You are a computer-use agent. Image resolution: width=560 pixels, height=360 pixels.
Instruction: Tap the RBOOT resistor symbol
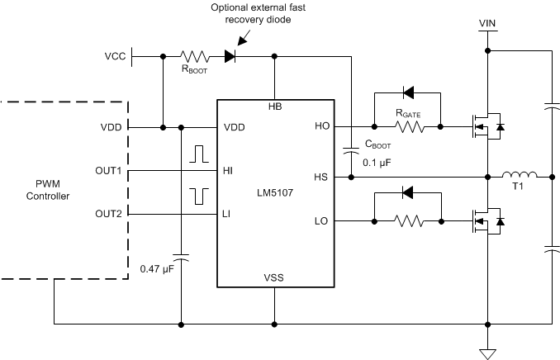click(197, 57)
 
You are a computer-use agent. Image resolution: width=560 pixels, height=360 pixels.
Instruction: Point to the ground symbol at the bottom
click(487, 353)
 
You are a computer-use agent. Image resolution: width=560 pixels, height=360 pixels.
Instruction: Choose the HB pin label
click(274, 108)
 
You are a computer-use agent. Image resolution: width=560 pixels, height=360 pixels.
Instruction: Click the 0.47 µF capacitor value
click(157, 269)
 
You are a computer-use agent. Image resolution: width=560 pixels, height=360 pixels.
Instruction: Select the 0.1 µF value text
click(378, 163)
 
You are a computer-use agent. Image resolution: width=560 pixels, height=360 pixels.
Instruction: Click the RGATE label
click(406, 110)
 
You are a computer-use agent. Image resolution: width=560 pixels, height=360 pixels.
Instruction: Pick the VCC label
click(116, 57)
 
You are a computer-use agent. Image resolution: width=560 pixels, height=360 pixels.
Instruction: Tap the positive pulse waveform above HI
click(199, 154)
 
